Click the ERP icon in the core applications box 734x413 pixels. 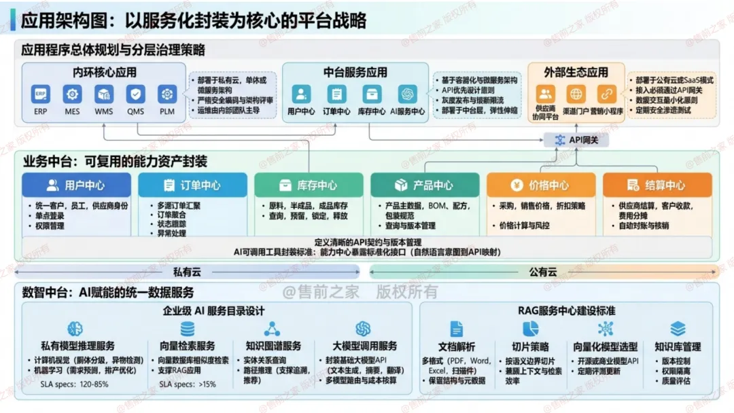[x=41, y=94]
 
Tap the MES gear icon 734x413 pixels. [x=72, y=94]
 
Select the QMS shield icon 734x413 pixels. [x=135, y=94]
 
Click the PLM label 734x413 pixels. [x=167, y=111]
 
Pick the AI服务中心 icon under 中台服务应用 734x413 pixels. [x=408, y=94]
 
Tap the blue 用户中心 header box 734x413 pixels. [x=76, y=185]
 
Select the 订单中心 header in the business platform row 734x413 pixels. [x=192, y=185]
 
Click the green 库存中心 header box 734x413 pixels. [x=309, y=185]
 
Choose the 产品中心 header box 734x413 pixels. [x=425, y=185]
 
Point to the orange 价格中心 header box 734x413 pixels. [x=541, y=185]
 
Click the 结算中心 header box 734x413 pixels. [x=657, y=185]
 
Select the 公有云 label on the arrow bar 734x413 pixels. [x=543, y=272]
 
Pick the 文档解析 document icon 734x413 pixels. [x=456, y=329]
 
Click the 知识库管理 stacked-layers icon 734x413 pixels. [x=678, y=329]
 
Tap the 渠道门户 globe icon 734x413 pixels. [x=576, y=94]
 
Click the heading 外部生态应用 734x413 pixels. [x=576, y=73]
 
